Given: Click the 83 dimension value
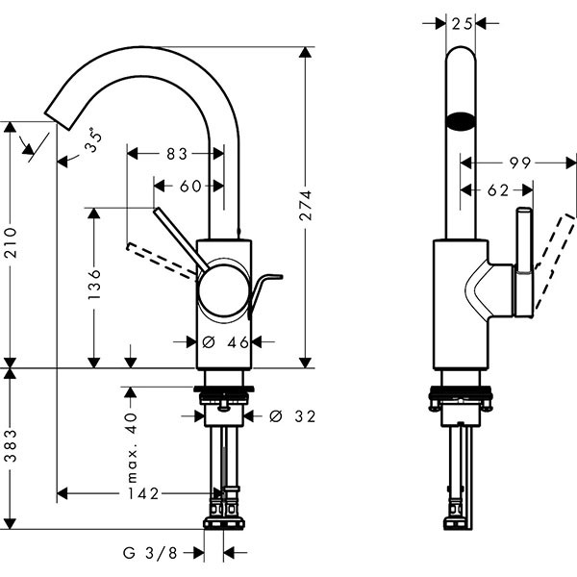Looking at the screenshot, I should click(176, 153).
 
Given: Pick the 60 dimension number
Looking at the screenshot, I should click(190, 186).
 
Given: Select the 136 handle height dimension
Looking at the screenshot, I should click(94, 287).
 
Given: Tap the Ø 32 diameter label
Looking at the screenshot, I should click(292, 415).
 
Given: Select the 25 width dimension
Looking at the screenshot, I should click(462, 22).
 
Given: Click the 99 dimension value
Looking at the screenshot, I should click(520, 163).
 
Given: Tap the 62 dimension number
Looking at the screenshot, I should click(497, 190).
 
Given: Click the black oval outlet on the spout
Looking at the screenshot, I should click(461, 122).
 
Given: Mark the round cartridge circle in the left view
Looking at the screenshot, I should click(223, 291).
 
